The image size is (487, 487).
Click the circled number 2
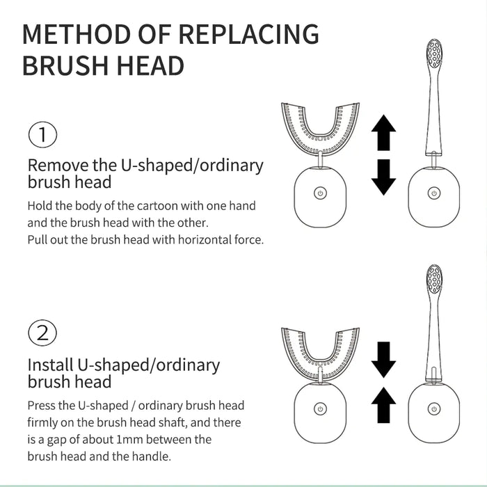click(43, 333)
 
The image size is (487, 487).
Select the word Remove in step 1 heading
click(56, 166)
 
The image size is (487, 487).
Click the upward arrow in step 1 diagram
click(383, 134)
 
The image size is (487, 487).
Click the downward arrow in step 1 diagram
click(383, 177)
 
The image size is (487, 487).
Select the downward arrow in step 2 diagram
click(383, 359)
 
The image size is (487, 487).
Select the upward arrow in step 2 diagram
click(383, 405)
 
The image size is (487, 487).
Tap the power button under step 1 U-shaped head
click(319, 193)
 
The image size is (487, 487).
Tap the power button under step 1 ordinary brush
click(433, 193)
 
